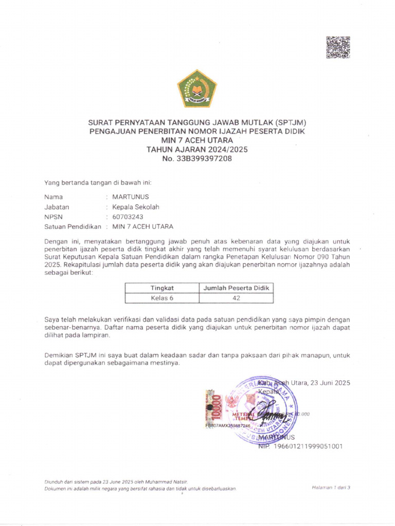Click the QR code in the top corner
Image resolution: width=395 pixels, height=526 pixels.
(338, 47)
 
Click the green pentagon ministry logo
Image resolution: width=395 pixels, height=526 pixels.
(197, 88)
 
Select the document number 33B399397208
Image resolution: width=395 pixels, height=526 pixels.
(204, 159)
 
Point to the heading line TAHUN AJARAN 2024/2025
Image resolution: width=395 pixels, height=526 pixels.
(197, 149)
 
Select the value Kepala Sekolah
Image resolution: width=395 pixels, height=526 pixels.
(136, 207)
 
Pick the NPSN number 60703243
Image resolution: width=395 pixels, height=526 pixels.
(128, 217)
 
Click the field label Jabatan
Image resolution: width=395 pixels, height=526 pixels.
(57, 207)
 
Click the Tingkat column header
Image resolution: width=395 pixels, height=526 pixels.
(162, 288)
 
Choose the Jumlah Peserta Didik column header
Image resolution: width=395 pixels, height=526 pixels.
(236, 288)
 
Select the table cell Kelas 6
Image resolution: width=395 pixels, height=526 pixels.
(162, 298)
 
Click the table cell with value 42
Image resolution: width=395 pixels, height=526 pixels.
(236, 298)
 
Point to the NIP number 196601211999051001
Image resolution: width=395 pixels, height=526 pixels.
(307, 446)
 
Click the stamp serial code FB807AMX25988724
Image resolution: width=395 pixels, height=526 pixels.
(228, 426)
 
